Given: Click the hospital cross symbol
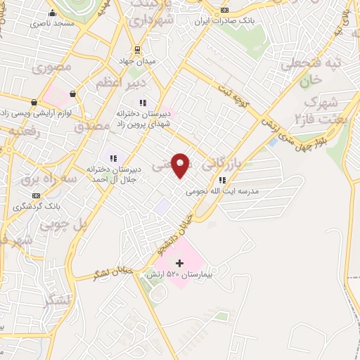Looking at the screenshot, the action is (179, 263).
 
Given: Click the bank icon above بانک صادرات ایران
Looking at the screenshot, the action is (224, 10).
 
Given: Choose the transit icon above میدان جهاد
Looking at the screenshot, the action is (137, 50).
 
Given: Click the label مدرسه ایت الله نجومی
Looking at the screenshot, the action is (222, 191).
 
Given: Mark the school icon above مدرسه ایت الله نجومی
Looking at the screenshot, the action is (222, 179).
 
